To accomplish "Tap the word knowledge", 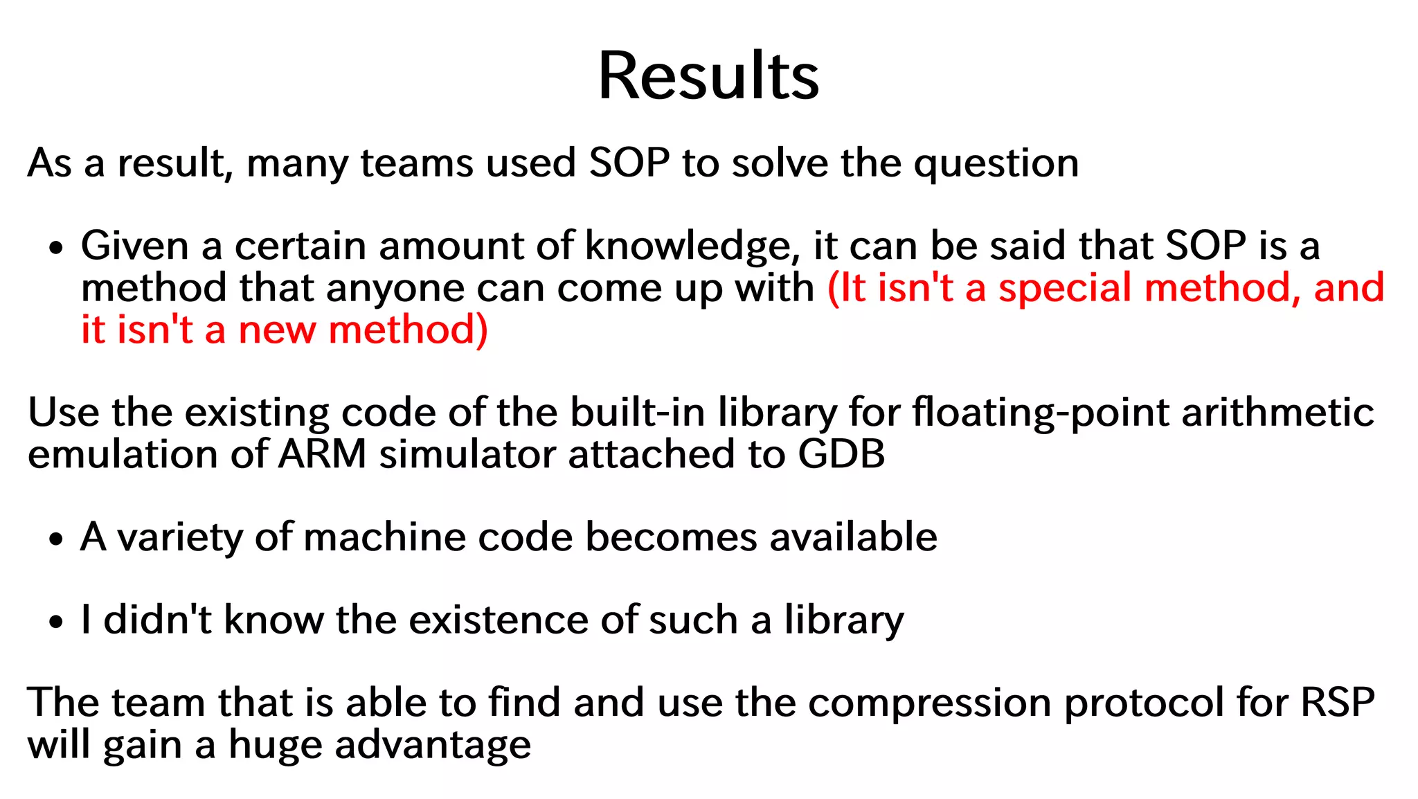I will click(x=688, y=246).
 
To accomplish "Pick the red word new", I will click(x=276, y=330).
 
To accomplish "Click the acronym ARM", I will click(x=323, y=455).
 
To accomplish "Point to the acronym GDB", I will click(x=841, y=455).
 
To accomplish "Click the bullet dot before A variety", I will click(x=57, y=539).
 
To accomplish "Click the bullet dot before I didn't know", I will click(x=57, y=621).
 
